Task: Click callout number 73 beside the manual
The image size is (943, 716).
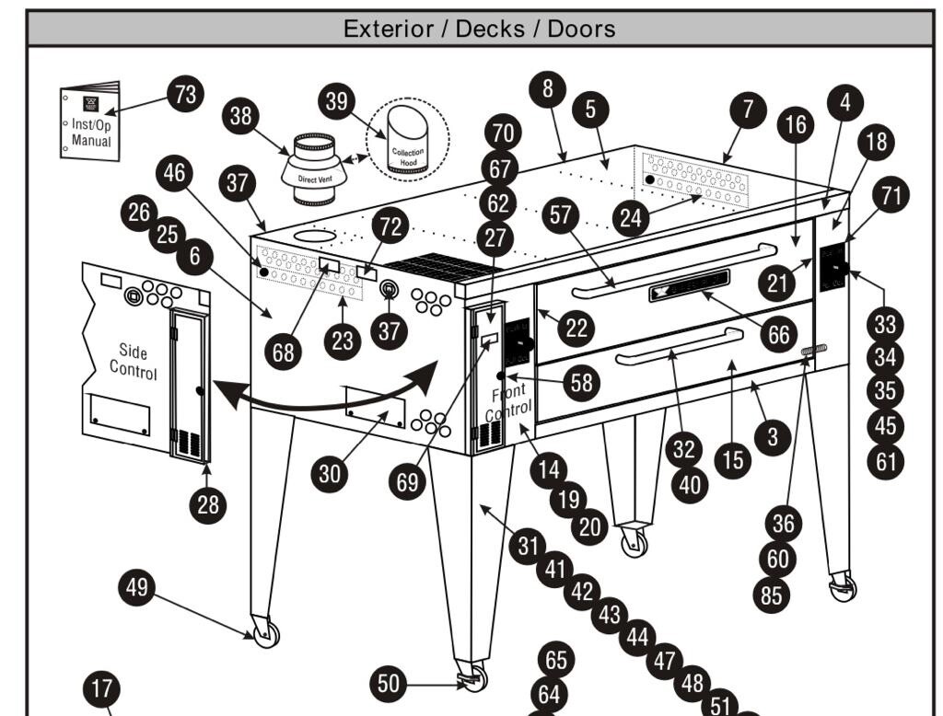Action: (185, 94)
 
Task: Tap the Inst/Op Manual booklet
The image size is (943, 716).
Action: (90, 121)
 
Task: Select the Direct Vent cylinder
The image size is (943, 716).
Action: (315, 169)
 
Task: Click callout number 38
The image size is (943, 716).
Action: (240, 116)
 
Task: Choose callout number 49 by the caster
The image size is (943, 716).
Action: (136, 587)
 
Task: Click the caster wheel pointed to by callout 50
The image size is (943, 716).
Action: (472, 677)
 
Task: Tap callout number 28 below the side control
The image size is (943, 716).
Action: (208, 504)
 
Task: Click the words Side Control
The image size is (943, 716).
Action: (133, 362)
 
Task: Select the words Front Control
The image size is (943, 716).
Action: (508, 402)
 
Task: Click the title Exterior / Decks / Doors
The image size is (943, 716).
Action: (479, 29)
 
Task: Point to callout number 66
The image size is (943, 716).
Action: (779, 334)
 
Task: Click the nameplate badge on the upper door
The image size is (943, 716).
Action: (689, 285)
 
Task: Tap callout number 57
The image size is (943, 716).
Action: (561, 214)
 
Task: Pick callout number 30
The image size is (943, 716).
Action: (329, 474)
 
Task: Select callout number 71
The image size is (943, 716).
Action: (891, 195)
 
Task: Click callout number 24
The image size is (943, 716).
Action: (631, 217)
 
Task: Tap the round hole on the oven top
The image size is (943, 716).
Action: (315, 236)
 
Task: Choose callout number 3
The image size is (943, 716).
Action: (773, 437)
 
